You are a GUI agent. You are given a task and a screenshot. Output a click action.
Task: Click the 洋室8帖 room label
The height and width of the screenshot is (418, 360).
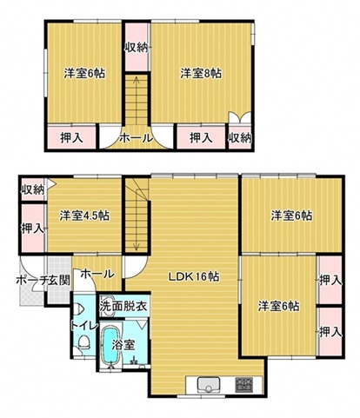point(201,73)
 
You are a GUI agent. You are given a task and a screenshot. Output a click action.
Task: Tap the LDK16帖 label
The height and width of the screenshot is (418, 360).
point(194,277)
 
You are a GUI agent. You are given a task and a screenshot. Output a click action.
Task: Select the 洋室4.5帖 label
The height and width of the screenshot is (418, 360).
point(84,216)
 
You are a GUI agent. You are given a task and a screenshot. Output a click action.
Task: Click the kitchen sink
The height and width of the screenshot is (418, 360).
point(209,385)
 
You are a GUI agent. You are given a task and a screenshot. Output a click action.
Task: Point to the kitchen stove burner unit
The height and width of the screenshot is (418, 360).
point(243,384)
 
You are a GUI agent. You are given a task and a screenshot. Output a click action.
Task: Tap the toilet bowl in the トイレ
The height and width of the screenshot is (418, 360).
point(84,342)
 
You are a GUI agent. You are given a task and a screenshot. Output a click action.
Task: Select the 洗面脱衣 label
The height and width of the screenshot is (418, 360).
point(123,306)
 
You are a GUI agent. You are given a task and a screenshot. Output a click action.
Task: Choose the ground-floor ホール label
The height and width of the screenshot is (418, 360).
point(97,274)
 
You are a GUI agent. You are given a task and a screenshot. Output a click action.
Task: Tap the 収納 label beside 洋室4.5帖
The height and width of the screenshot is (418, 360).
point(33,190)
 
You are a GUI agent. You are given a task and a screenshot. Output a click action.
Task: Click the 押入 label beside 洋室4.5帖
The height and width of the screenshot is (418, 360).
point(33,229)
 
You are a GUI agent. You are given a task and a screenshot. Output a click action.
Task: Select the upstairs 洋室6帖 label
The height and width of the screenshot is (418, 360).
point(84,73)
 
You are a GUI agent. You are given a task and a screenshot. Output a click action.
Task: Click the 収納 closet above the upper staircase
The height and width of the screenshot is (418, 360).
point(137,47)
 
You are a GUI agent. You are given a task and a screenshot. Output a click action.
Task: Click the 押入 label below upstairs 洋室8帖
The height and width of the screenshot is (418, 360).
point(201,138)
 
